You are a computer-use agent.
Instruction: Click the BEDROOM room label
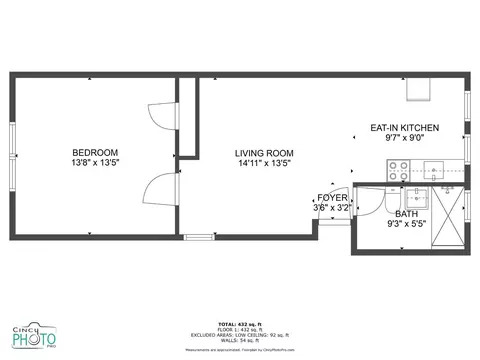pyautogui.click(x=95, y=151)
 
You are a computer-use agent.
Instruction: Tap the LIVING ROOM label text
pyautogui.click(x=262, y=153)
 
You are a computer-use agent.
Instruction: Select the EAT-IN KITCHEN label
pyautogui.click(x=404, y=128)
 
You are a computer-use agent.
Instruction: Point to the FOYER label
pyautogui.click(x=332, y=198)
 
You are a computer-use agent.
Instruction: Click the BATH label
pyautogui.click(x=406, y=214)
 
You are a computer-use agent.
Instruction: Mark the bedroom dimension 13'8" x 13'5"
pyautogui.click(x=95, y=162)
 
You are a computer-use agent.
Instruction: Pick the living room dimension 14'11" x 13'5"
pyautogui.click(x=262, y=164)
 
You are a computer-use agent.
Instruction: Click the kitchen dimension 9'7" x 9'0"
pyautogui.click(x=404, y=139)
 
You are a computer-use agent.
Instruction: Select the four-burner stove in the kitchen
pyautogui.click(x=399, y=168)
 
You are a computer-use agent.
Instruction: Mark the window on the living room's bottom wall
pyautogui.click(x=200, y=237)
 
